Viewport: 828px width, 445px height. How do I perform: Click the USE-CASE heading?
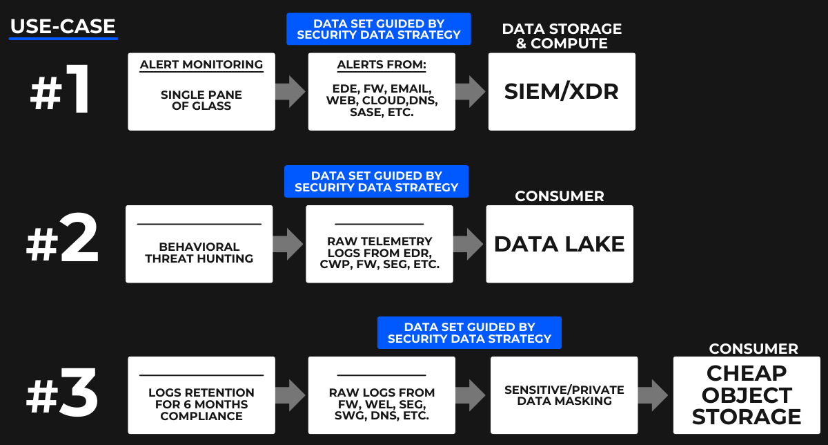pyautogui.click(x=63, y=27)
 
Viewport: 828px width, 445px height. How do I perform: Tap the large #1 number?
pyautogui.click(x=61, y=92)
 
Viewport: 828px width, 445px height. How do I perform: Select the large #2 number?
pyautogui.click(x=62, y=244)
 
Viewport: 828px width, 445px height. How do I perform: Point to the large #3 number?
pyautogui.click(x=62, y=396)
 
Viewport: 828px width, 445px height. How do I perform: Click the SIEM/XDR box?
pyautogui.click(x=562, y=92)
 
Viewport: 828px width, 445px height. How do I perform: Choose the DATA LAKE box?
pyautogui.click(x=560, y=244)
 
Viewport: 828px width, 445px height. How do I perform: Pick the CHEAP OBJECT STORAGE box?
pyautogui.click(x=747, y=395)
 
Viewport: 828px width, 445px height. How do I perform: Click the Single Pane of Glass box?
pyautogui.click(x=201, y=92)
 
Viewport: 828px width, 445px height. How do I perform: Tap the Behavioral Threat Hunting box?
pyautogui.click(x=199, y=244)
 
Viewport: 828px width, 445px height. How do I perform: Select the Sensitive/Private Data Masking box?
pyautogui.click(x=564, y=395)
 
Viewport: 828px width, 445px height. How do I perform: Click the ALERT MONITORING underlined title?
pyautogui.click(x=201, y=65)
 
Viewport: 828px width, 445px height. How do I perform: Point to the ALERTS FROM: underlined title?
pyautogui.click(x=382, y=65)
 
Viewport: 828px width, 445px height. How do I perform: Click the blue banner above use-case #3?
pyautogui.click(x=469, y=332)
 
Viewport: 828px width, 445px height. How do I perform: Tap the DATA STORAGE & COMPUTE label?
pyautogui.click(x=562, y=36)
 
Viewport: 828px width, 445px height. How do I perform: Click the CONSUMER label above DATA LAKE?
pyautogui.click(x=560, y=196)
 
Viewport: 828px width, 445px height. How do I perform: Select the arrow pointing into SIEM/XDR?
pyautogui.click(x=471, y=92)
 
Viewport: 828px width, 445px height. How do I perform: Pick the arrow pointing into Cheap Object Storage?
pyautogui.click(x=652, y=395)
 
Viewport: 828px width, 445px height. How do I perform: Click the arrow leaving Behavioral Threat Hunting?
pyautogui.click(x=289, y=244)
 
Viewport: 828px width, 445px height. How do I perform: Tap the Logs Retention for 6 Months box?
pyautogui.click(x=201, y=395)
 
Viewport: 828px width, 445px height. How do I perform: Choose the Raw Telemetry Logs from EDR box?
pyautogui.click(x=379, y=244)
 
